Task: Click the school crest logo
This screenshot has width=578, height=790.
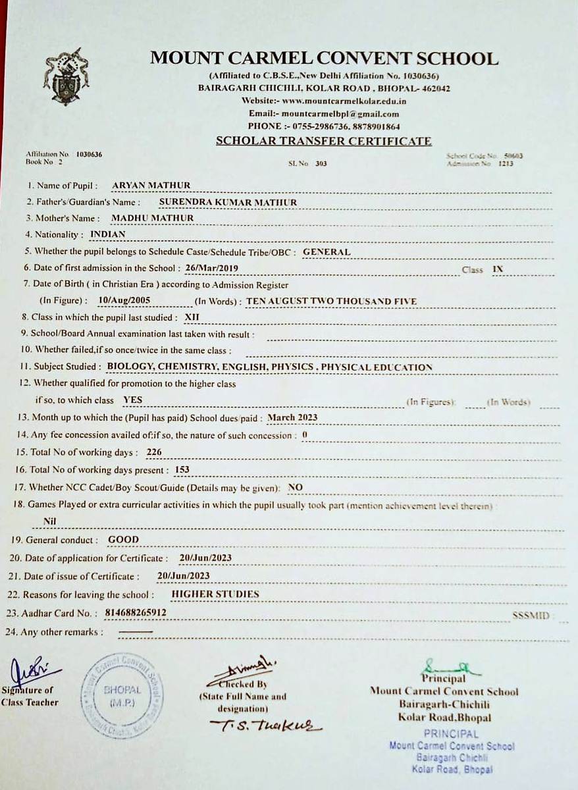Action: click(x=66, y=76)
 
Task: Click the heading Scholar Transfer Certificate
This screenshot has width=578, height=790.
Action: click(x=323, y=141)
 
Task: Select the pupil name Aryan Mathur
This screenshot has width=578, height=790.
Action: click(x=151, y=186)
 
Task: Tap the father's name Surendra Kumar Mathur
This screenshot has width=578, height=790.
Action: click(x=228, y=202)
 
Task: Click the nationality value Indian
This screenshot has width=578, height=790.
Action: click(x=108, y=234)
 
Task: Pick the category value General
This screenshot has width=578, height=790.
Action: click(x=327, y=251)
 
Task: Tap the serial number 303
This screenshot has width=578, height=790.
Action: click(x=321, y=163)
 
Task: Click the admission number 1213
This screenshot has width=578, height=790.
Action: click(x=505, y=163)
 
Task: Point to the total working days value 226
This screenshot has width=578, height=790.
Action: click(x=154, y=452)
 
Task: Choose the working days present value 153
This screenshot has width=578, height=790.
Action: click(x=182, y=470)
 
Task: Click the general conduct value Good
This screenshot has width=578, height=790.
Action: click(x=124, y=539)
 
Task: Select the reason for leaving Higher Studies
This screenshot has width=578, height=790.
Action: click(x=215, y=594)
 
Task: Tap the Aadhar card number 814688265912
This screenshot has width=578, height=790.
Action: click(x=136, y=612)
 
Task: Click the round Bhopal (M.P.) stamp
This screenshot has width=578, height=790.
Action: click(x=122, y=695)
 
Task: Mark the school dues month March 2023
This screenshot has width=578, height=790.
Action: click(x=292, y=417)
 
